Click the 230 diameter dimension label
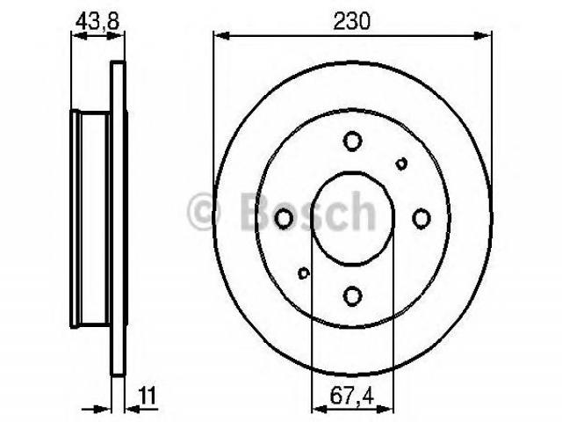[351, 21]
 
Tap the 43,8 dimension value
[97, 22]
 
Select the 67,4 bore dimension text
[351, 396]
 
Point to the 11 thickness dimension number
[148, 396]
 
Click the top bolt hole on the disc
[352, 141]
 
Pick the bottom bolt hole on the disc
[352, 296]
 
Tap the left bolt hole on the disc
[284, 219]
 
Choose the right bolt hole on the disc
[421, 219]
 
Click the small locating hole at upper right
[401, 164]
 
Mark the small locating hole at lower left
[304, 273]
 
